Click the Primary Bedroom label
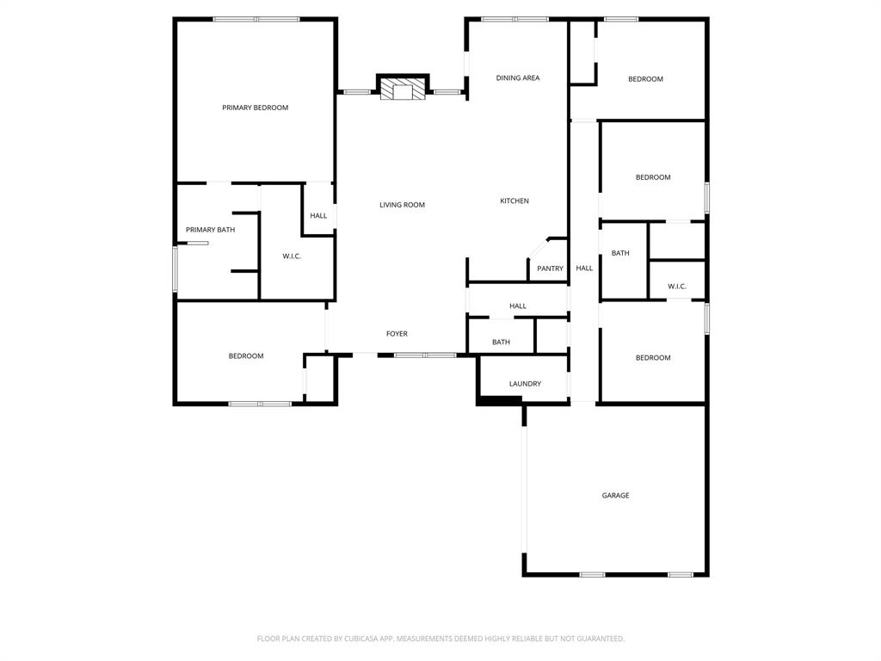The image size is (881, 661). (x=255, y=108)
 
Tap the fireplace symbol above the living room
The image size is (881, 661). (x=404, y=90)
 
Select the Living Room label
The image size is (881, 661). (x=402, y=205)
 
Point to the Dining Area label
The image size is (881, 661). (x=518, y=78)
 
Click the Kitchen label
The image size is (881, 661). (x=514, y=201)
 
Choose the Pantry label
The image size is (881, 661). (x=550, y=269)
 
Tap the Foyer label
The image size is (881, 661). (x=397, y=334)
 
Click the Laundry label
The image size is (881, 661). (x=525, y=384)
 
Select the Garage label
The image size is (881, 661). (x=615, y=496)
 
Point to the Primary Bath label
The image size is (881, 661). (x=210, y=230)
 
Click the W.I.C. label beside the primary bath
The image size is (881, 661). (x=292, y=256)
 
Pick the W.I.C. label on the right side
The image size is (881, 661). (x=676, y=287)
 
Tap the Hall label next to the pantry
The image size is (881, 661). (x=584, y=269)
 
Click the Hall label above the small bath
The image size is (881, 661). (x=517, y=306)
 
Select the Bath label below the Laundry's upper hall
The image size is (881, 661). (x=501, y=343)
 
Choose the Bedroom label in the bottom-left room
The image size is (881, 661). (x=246, y=356)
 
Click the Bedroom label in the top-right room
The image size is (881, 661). (x=645, y=79)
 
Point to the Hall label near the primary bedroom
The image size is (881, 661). (x=318, y=216)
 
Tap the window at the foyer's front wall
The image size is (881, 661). (x=425, y=355)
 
